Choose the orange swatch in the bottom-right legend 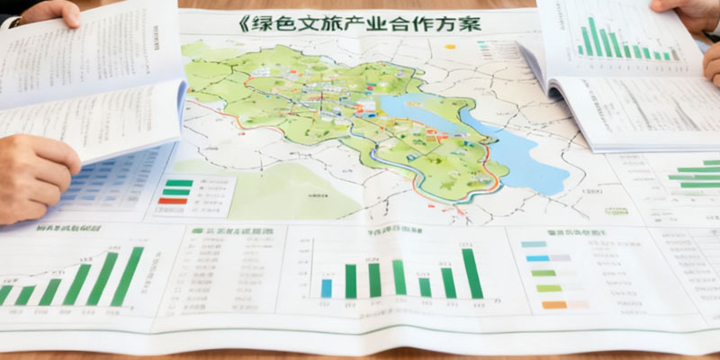(555, 305)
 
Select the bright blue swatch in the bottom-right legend (538, 258)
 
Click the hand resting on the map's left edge (36, 175)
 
